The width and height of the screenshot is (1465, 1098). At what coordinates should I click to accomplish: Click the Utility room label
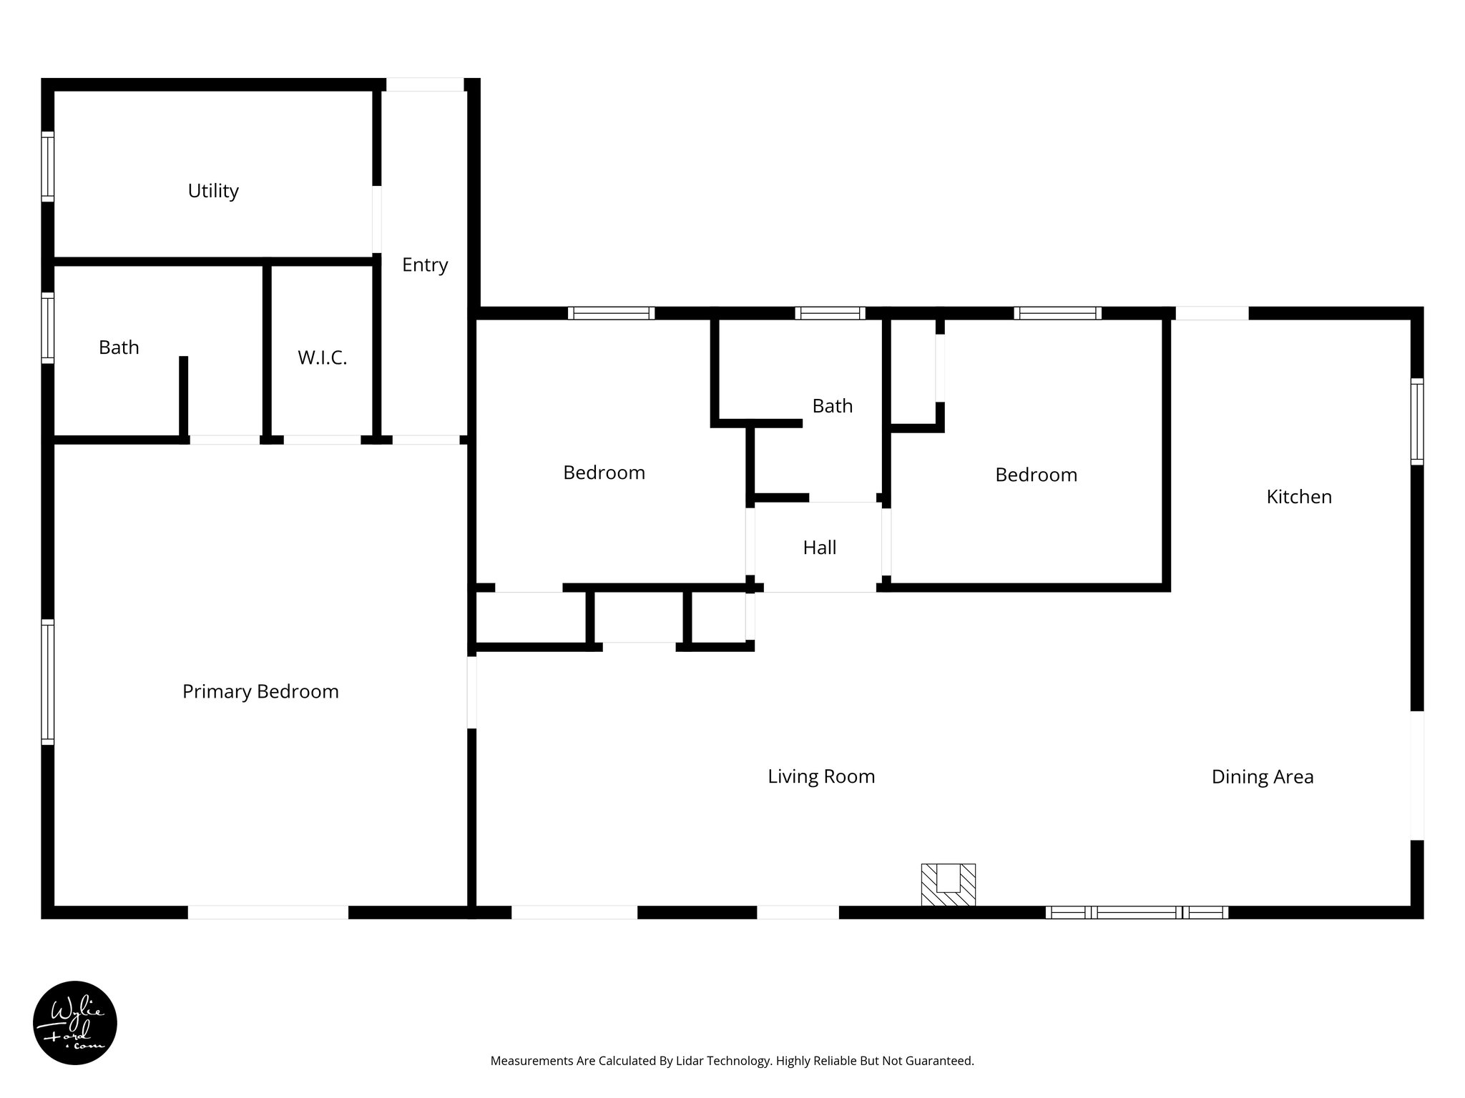(213, 191)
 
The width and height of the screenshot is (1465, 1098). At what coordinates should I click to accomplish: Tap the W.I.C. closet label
(322, 358)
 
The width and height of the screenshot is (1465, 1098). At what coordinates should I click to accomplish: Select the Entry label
(425, 265)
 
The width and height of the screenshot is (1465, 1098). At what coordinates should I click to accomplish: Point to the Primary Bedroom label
(260, 692)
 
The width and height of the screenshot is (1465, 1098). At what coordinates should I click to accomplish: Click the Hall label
(820, 548)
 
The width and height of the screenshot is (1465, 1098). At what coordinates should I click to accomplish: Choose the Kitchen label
(1299, 497)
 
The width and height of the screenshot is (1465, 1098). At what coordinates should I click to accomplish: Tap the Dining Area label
(1263, 777)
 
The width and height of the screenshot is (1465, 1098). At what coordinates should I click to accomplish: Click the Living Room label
(821, 777)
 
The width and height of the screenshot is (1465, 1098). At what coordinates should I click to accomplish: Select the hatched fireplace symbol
(948, 885)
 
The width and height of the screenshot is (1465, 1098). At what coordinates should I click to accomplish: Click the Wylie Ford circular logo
(75, 1023)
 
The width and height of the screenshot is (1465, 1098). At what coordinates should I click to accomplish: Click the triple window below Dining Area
(1137, 912)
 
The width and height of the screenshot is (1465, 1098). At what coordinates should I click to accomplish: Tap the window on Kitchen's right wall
(1417, 422)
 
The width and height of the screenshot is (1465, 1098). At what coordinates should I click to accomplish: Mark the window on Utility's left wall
(47, 166)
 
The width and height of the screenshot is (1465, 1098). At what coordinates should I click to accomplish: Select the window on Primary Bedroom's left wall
(47, 682)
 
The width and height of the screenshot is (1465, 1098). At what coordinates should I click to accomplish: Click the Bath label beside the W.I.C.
(119, 348)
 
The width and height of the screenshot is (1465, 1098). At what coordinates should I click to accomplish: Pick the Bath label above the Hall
(833, 406)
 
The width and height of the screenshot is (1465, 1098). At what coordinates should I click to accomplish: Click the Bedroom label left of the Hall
(604, 473)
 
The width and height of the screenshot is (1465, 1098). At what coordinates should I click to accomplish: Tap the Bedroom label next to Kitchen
(1036, 475)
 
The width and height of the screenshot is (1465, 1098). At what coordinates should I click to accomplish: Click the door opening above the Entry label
(425, 84)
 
